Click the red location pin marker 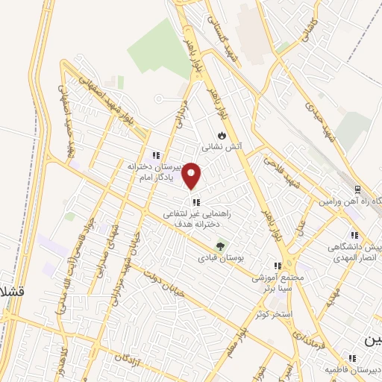coord(192,176)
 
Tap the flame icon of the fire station coord(221,136)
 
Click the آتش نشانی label coord(221,147)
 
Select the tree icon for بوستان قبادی coord(219,246)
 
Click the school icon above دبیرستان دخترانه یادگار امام coord(155,155)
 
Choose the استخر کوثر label coord(273,314)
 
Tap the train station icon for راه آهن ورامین coord(357,190)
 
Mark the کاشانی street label coord(308,31)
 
